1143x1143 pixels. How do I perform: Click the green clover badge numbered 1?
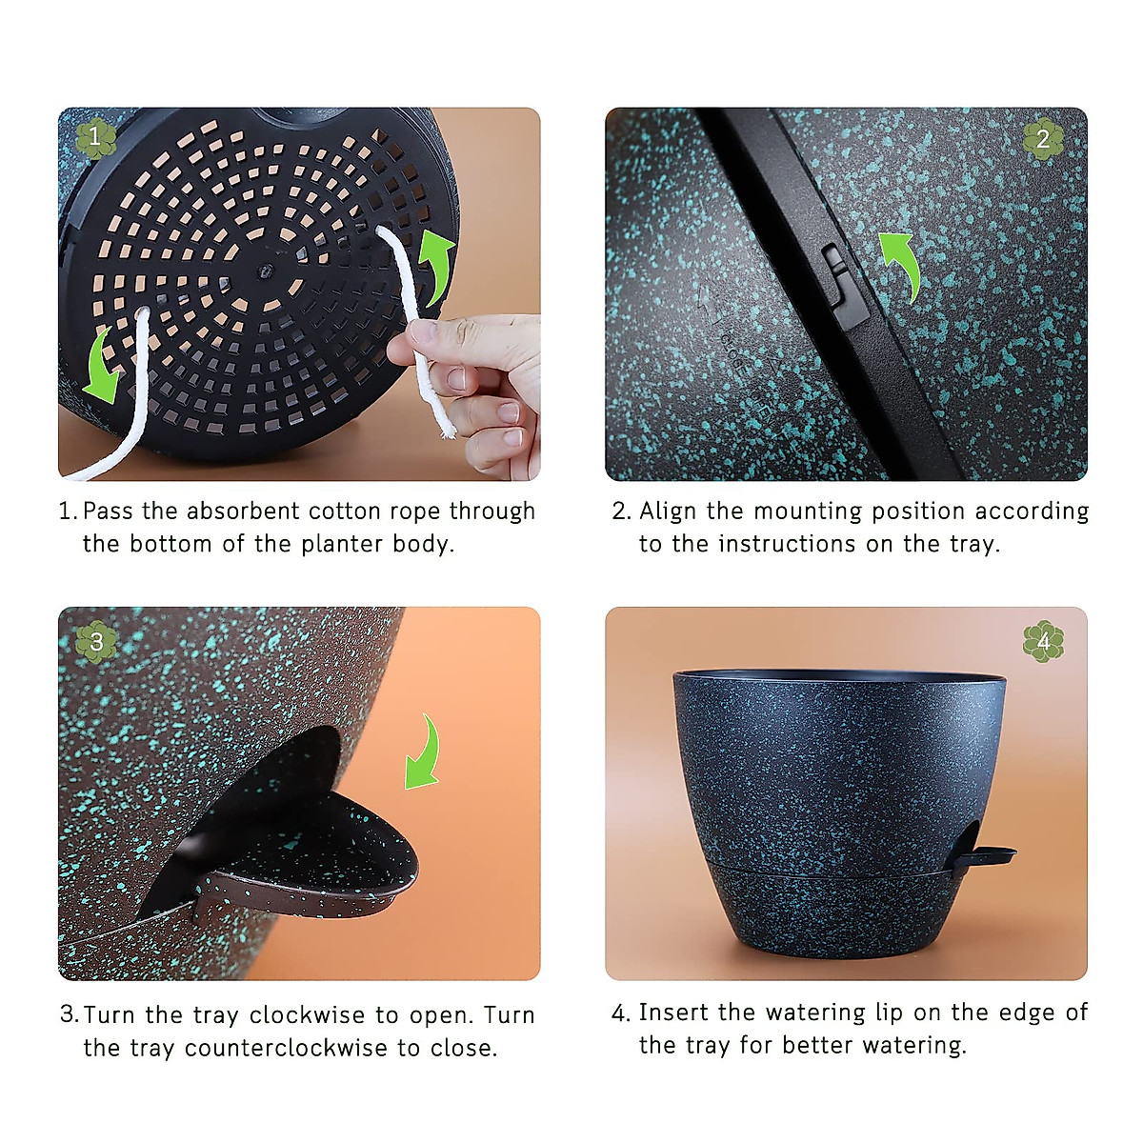[95, 137]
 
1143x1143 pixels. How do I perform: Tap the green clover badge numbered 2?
[1043, 140]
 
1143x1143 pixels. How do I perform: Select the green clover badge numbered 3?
[95, 641]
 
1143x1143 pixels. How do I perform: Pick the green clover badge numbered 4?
[1043, 642]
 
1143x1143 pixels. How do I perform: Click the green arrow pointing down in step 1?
[103, 366]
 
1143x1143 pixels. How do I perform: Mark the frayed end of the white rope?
[444, 429]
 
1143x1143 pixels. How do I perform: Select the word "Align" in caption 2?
[668, 511]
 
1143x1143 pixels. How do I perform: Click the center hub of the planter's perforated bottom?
[258, 271]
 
